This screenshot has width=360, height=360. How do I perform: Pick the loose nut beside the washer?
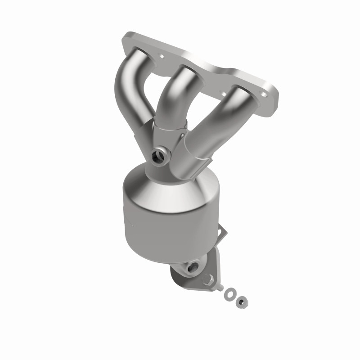coord(242,300)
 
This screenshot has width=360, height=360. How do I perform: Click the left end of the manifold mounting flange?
coord(129,40)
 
